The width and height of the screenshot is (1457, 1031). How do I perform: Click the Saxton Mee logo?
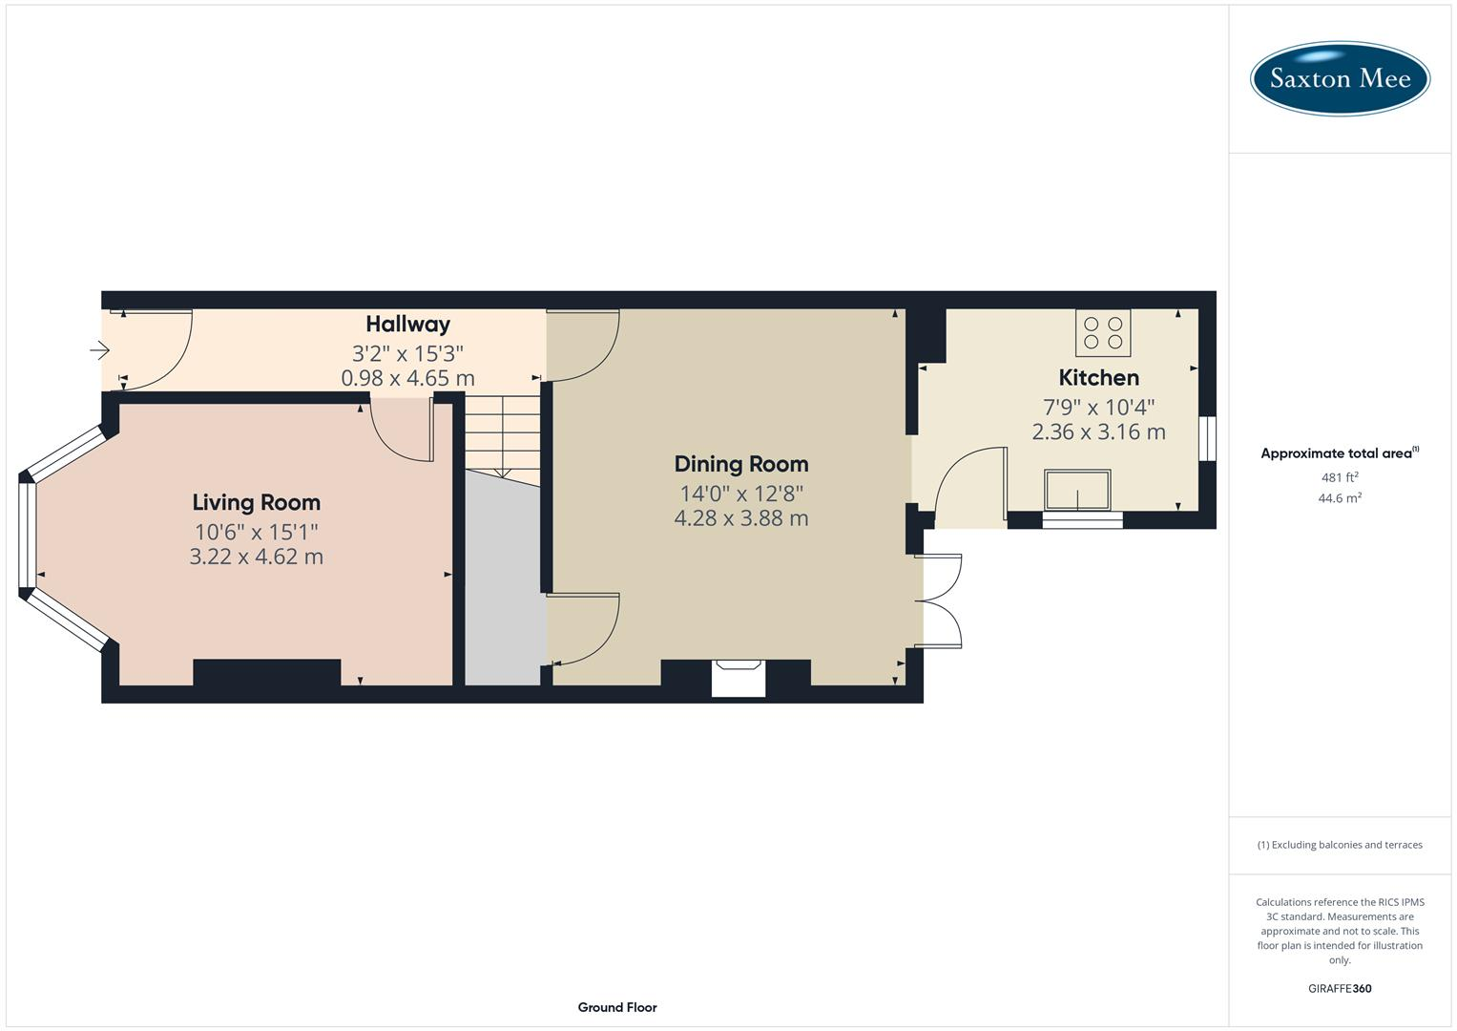1340,78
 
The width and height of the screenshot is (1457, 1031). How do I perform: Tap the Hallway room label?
407,325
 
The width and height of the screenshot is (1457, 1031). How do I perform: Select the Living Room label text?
256,502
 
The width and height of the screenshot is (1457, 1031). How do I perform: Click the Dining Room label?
740,464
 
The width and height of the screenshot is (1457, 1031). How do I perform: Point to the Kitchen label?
1098,377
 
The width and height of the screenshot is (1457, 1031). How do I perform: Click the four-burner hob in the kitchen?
1103,332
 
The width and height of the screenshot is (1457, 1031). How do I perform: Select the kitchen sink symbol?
1077,490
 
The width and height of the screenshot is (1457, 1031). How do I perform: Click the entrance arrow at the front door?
100,350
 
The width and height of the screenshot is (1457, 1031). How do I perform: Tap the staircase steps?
502,434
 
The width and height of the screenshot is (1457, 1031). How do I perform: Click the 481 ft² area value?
1340,477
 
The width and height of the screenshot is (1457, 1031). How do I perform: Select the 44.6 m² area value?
1340,498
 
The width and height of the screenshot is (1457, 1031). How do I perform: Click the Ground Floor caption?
616,1007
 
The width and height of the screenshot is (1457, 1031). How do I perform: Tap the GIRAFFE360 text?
1340,989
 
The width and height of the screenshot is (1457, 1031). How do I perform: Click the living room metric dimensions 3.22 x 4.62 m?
256,557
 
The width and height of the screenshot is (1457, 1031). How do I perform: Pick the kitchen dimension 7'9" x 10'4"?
1098,406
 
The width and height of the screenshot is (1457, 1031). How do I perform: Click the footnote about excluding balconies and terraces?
1340,845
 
